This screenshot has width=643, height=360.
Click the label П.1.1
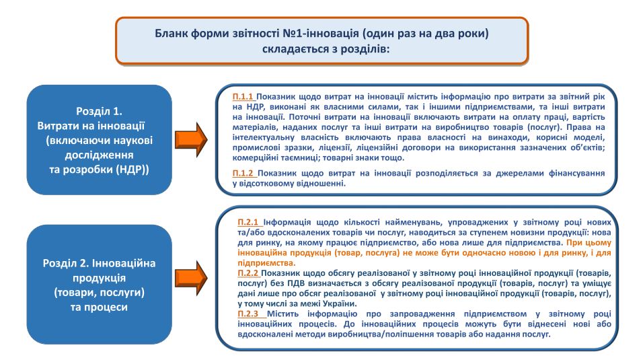pyautogui.click(x=243, y=97)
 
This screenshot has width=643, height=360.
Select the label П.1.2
pyautogui.click(x=243, y=173)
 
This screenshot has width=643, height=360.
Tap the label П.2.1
pyautogui.click(x=249, y=221)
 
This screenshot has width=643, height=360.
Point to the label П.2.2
pyautogui.click(x=249, y=273)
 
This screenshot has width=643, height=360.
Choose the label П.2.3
pyautogui.click(x=249, y=314)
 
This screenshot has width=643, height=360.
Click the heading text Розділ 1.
pyautogui.click(x=98, y=112)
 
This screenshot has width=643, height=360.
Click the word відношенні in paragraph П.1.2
pyautogui.click(x=315, y=183)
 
